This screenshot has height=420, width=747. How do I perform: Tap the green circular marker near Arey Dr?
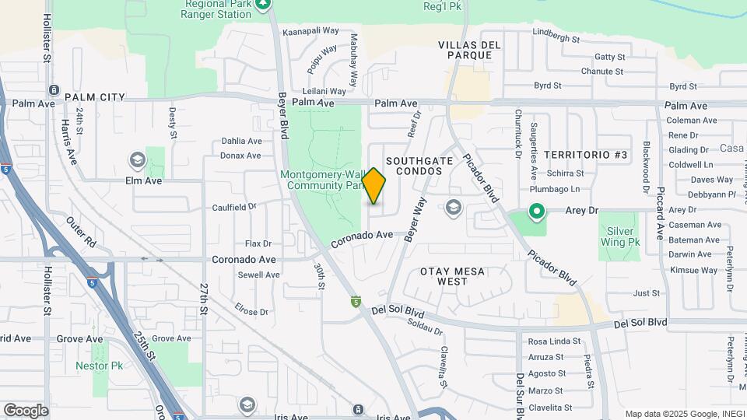pyautogui.click(x=536, y=211)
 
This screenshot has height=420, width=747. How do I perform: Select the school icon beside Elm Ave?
pyautogui.click(x=138, y=160)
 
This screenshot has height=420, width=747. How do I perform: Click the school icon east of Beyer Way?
pyautogui.click(x=453, y=207)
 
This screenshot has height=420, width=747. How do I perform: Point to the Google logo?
pyautogui.click(x=26, y=410)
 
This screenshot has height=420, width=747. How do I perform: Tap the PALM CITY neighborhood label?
pyautogui.click(x=95, y=97)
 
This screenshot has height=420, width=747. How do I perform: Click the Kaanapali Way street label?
pyautogui.click(x=311, y=31)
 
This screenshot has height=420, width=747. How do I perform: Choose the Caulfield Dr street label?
pyautogui.click(x=234, y=208)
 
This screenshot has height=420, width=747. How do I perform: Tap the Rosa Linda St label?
pyautogui.click(x=555, y=341)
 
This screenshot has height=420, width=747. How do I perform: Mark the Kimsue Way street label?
pyautogui.click(x=693, y=270)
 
